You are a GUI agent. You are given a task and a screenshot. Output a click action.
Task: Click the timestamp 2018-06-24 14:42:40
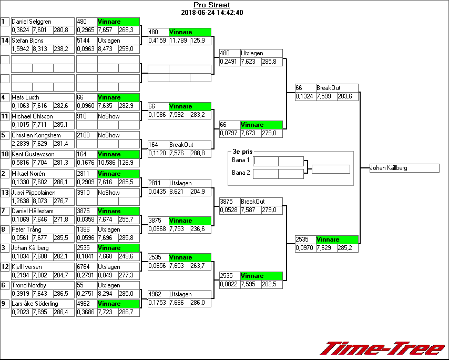211,13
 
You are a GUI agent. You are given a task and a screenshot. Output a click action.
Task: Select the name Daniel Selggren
31,22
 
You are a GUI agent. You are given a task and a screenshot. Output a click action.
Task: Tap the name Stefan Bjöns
27,41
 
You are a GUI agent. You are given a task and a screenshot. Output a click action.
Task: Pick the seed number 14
5,41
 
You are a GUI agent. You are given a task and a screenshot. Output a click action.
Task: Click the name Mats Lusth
25,97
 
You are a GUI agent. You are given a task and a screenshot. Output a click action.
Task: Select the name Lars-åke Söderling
35,304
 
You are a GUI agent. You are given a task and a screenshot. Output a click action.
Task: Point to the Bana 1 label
241,160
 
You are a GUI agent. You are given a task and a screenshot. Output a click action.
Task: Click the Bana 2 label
241,173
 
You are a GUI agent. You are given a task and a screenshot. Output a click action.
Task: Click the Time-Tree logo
383,348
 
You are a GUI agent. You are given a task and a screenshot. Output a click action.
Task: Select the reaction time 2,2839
21,143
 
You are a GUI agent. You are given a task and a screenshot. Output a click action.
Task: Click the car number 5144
83,41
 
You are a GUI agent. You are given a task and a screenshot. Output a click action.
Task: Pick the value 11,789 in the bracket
179,40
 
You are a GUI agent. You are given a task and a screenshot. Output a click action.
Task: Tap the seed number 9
5,304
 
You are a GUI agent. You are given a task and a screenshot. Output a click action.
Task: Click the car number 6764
83,267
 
